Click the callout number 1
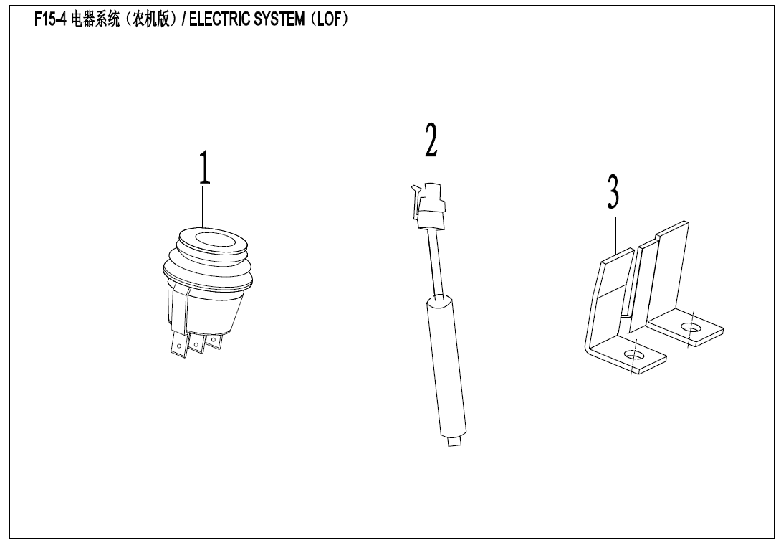click(205, 167)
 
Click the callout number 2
click(431, 140)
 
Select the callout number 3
click(613, 191)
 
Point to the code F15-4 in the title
click(50, 19)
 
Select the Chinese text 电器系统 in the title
click(95, 19)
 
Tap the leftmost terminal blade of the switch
click(178, 344)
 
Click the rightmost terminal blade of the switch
click(214, 341)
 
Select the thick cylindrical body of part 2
click(446, 366)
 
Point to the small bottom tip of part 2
click(454, 441)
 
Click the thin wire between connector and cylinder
click(434, 262)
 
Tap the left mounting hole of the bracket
click(633, 356)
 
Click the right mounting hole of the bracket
click(691, 328)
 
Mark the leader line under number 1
click(203, 207)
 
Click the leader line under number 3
click(616, 234)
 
